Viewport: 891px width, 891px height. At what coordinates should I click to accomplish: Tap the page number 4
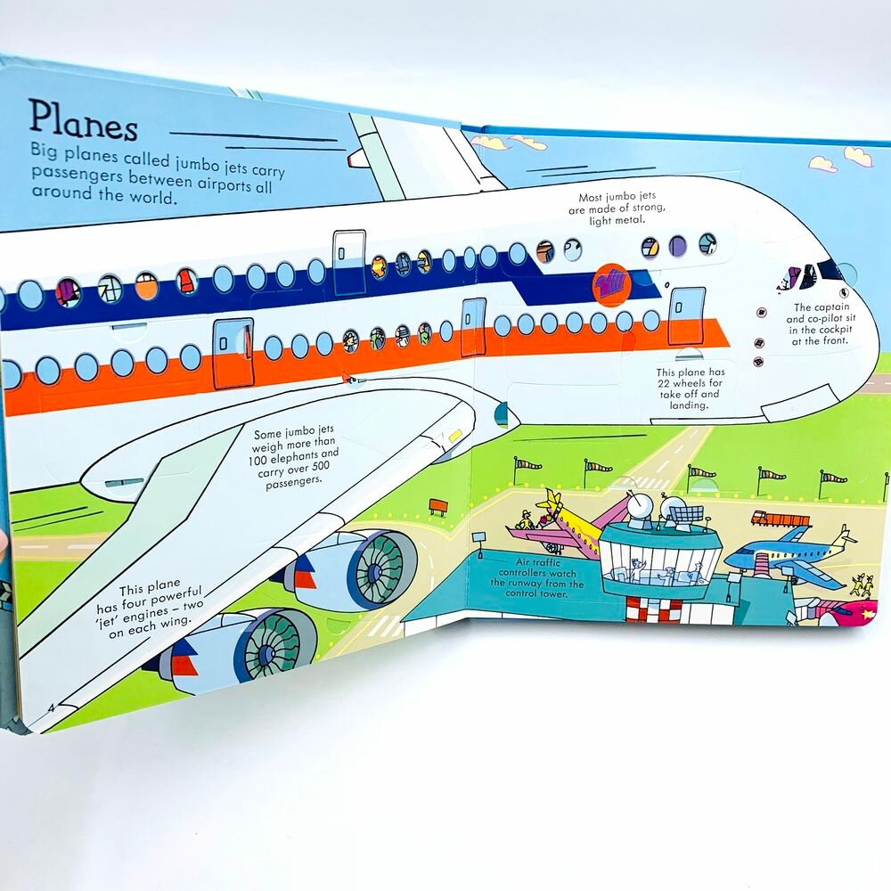tap(51, 708)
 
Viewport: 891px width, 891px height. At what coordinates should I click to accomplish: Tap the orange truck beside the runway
tap(780, 518)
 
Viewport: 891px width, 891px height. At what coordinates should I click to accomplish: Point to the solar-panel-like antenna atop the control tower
tap(687, 514)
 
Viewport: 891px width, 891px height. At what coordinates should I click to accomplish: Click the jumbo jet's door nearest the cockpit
tap(686, 314)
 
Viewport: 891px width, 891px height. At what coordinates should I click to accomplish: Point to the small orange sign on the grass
tap(437, 505)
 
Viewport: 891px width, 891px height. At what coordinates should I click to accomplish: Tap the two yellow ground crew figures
tap(861, 584)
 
